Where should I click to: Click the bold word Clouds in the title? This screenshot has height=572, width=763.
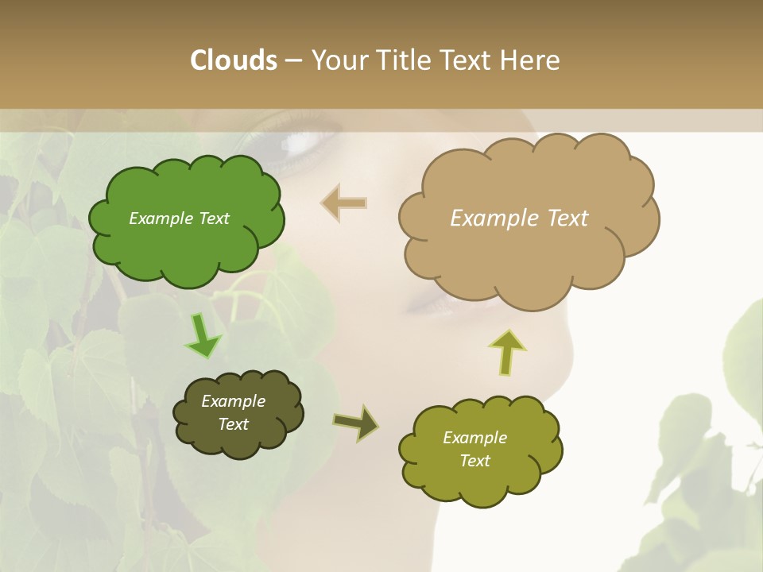[x=233, y=60]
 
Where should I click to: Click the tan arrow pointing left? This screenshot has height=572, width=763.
[x=344, y=203]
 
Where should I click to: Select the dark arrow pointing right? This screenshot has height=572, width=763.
[x=357, y=423]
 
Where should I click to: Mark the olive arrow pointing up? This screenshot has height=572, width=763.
[x=506, y=352]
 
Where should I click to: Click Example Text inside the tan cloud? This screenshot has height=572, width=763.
[x=519, y=218]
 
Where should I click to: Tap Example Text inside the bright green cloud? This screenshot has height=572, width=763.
[x=179, y=218]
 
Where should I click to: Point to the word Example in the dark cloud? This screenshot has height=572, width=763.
[x=233, y=401]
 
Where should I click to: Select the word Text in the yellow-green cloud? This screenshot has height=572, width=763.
[x=475, y=461]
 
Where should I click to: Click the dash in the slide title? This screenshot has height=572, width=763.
[x=292, y=60]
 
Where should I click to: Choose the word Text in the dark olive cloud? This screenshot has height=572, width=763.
[x=233, y=424]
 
